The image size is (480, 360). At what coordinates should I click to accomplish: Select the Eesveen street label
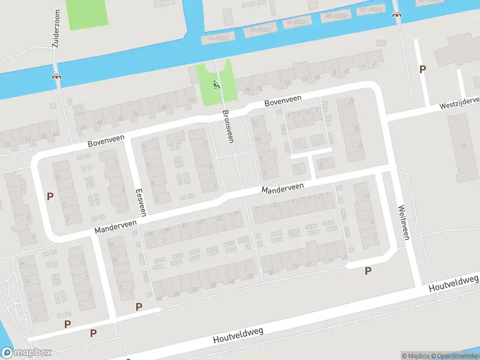[x=141, y=202]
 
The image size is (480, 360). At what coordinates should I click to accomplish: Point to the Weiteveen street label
[x=403, y=223]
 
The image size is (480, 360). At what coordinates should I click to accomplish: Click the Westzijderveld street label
[x=459, y=103]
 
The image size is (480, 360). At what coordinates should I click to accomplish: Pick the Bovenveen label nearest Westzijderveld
[x=281, y=101]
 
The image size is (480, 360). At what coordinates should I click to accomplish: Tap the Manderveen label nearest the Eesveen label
[x=115, y=226]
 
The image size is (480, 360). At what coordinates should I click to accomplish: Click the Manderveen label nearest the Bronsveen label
[x=282, y=188]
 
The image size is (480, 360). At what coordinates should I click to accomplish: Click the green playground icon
[x=217, y=84]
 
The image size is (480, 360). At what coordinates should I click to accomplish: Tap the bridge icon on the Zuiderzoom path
[x=57, y=76]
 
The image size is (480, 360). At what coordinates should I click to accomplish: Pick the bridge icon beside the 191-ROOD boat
[x=396, y=14]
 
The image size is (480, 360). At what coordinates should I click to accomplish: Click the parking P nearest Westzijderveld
[x=422, y=70]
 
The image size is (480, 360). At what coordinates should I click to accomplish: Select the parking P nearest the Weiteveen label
[x=368, y=271]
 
